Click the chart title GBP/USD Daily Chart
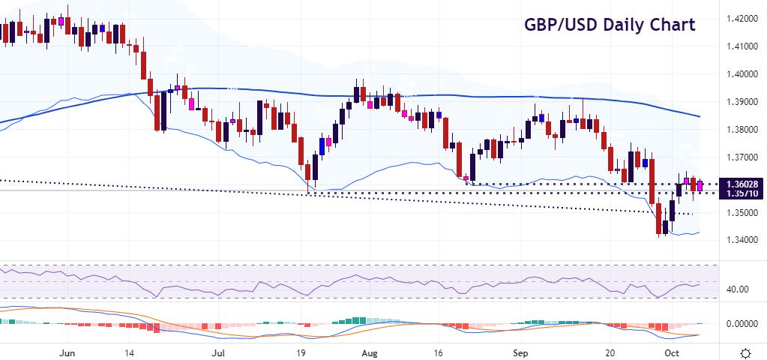click(x=609, y=25)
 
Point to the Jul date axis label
click(x=218, y=352)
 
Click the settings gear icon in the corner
click(x=746, y=352)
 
